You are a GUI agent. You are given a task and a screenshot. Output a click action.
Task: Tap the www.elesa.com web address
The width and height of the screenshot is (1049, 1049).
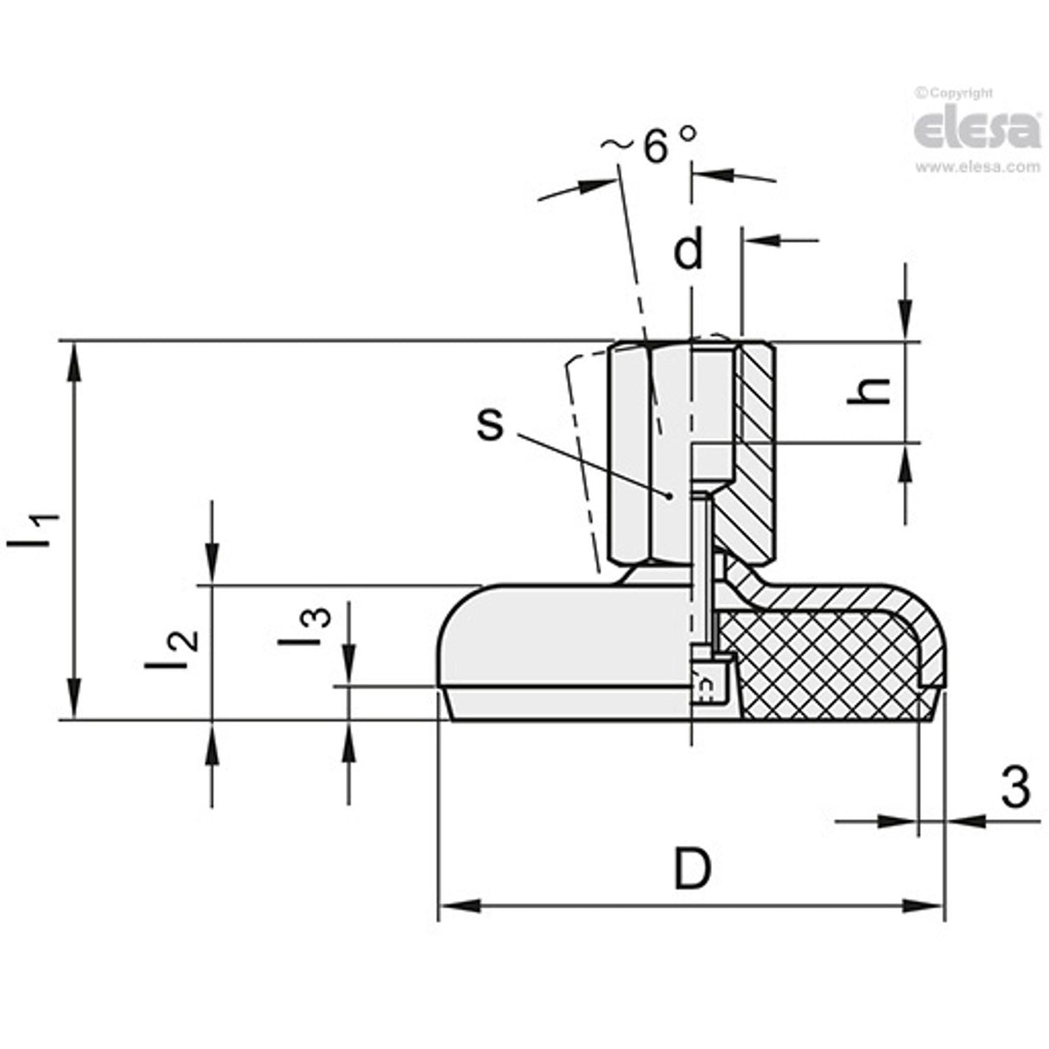click(x=977, y=167)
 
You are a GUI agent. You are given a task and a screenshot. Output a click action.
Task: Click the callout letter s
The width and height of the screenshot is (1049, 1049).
click(x=490, y=423)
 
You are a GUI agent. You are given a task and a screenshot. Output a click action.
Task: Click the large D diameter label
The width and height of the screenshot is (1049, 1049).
click(x=692, y=869)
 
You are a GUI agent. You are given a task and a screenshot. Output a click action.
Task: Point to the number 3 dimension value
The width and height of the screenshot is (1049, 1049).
click(x=1016, y=787)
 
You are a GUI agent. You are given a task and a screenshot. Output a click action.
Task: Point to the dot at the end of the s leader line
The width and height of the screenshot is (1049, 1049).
click(x=668, y=496)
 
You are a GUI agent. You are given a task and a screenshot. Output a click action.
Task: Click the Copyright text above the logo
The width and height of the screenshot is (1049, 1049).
click(x=954, y=93)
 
